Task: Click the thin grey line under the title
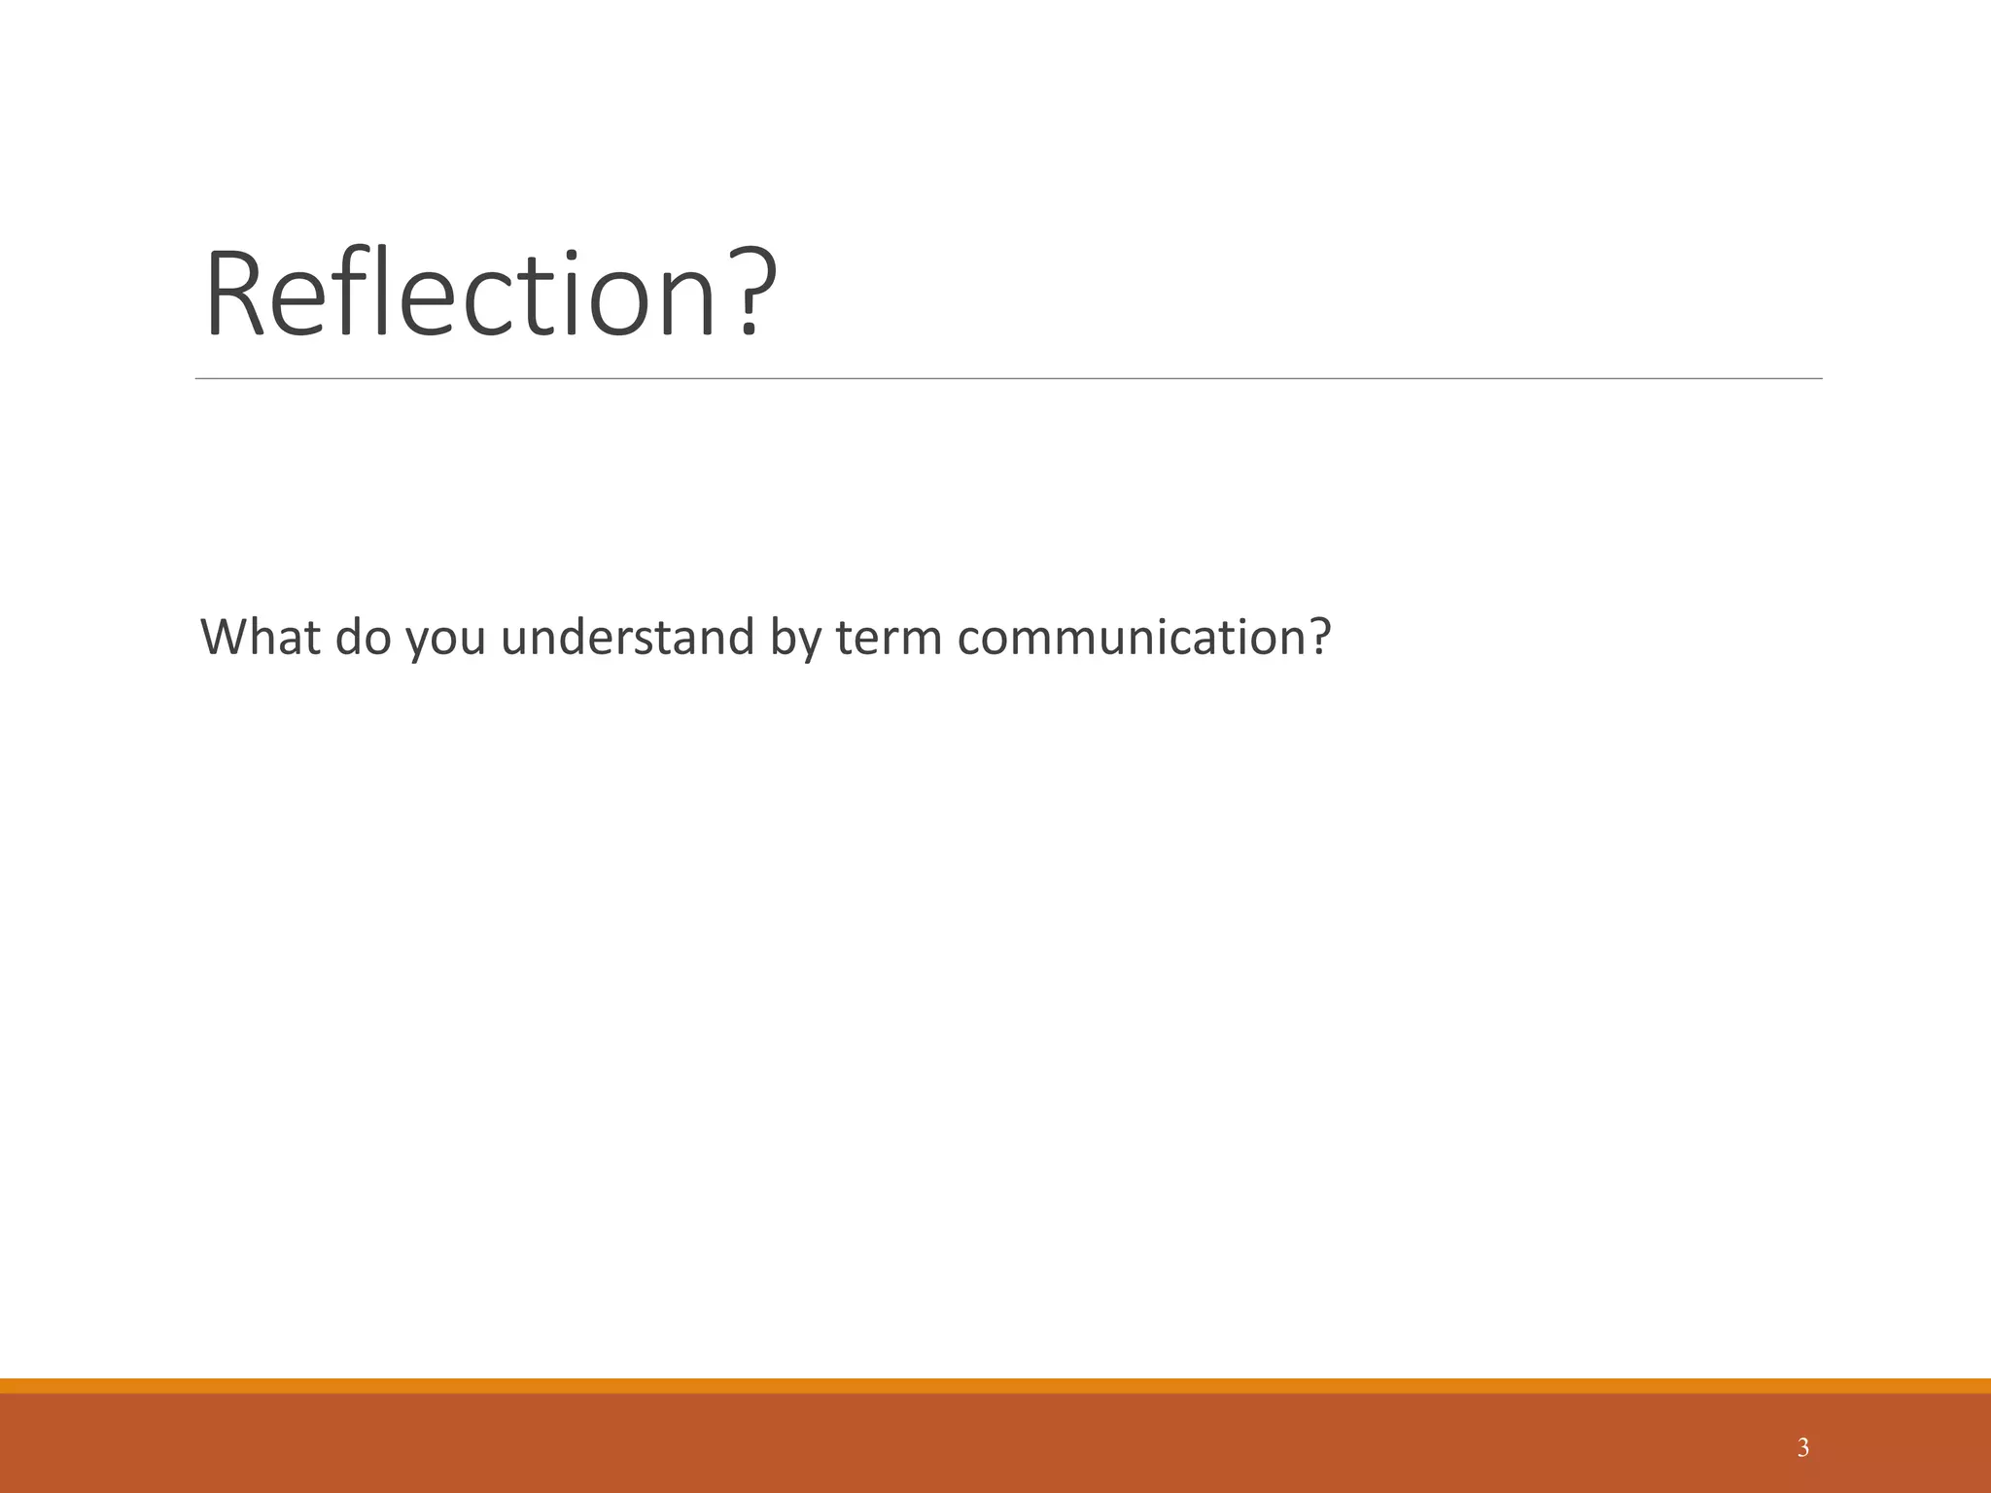[x=1008, y=378]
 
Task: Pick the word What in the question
[x=260, y=638]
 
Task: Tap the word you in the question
[x=445, y=642]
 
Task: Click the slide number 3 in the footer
[x=1803, y=1448]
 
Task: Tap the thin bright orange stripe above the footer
[x=995, y=1385]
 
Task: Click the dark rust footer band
[x=995, y=1443]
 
